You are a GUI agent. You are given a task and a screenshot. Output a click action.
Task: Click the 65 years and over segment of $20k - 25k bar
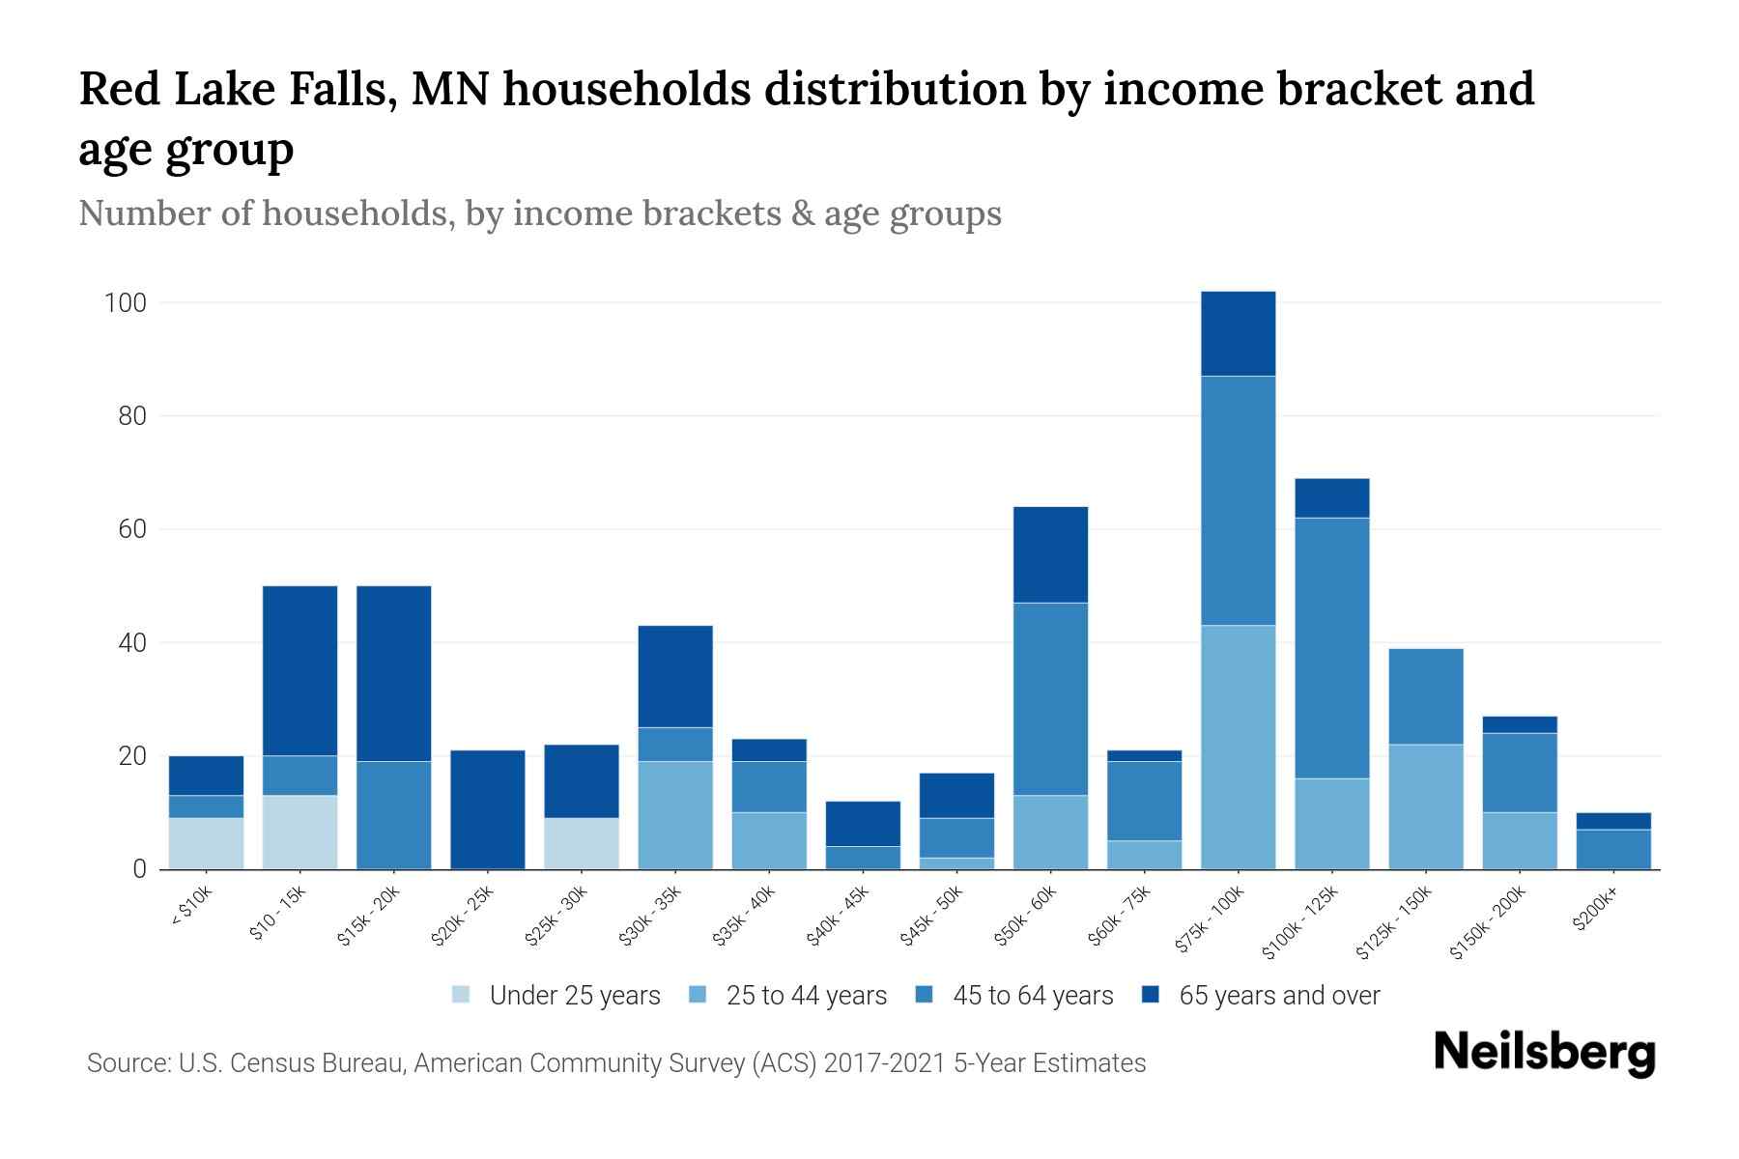coord(488,809)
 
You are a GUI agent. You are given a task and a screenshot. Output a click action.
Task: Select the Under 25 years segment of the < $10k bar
coord(206,843)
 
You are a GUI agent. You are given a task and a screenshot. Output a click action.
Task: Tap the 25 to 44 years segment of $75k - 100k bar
coord(1238,747)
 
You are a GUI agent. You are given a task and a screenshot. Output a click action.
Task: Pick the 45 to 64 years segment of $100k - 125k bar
coord(1331,647)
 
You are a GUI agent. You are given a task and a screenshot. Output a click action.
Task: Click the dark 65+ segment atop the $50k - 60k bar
coord(1050,554)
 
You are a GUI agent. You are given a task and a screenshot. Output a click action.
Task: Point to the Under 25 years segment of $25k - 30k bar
coord(582,843)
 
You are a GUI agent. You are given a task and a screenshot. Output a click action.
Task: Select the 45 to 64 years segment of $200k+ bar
coord(1613,848)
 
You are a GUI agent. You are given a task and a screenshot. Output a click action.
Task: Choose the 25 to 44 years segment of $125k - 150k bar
coord(1425,806)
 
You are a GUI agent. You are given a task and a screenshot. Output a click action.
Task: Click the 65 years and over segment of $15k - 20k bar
coord(394,673)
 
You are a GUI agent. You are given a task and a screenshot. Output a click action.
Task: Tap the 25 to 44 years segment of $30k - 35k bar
coord(675,814)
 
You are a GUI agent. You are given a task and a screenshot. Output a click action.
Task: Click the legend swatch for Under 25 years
coord(462,995)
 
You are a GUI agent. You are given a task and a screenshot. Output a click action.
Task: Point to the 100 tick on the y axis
coord(125,303)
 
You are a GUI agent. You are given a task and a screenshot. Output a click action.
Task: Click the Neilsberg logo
coord(1544,1052)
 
